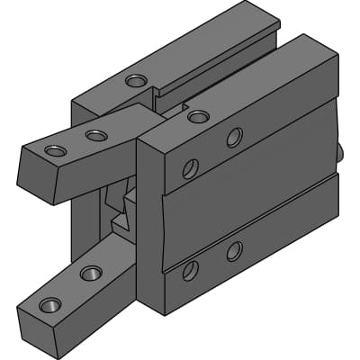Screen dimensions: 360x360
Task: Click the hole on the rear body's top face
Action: (x=136, y=81)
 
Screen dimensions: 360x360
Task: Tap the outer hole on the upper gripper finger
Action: (x=56, y=150)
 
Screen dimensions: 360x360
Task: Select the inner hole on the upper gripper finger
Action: (x=95, y=136)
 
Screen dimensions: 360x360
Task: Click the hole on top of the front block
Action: (x=198, y=116)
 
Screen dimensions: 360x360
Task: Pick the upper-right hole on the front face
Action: (x=234, y=137)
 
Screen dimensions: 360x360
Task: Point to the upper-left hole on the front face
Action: (x=191, y=168)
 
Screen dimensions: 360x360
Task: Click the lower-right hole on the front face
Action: (x=234, y=251)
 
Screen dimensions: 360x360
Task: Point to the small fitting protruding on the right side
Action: (x=343, y=154)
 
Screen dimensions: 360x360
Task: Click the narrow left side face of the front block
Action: (x=150, y=225)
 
